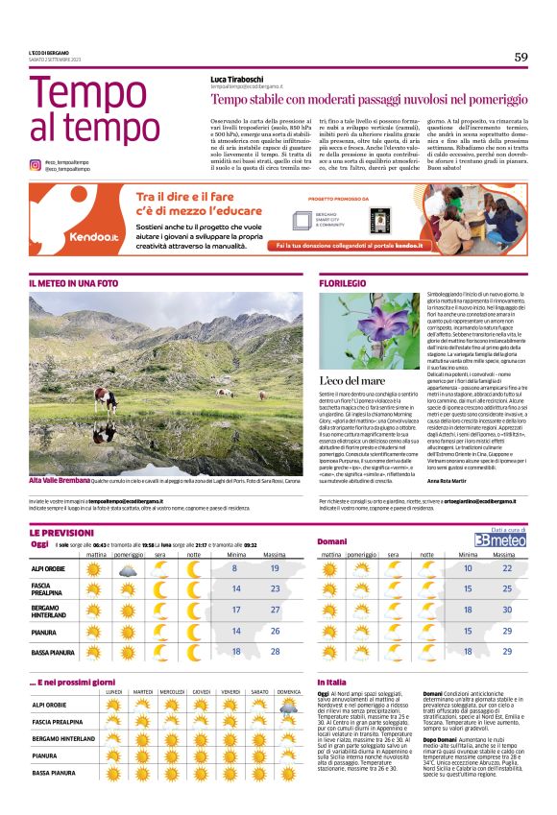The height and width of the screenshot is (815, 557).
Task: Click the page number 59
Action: tap(521, 57)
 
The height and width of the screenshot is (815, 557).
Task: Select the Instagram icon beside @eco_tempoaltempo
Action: tap(35, 165)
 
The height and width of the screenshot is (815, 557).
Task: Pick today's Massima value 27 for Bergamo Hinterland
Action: tap(275, 610)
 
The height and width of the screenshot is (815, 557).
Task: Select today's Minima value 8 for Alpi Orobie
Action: tap(234, 569)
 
